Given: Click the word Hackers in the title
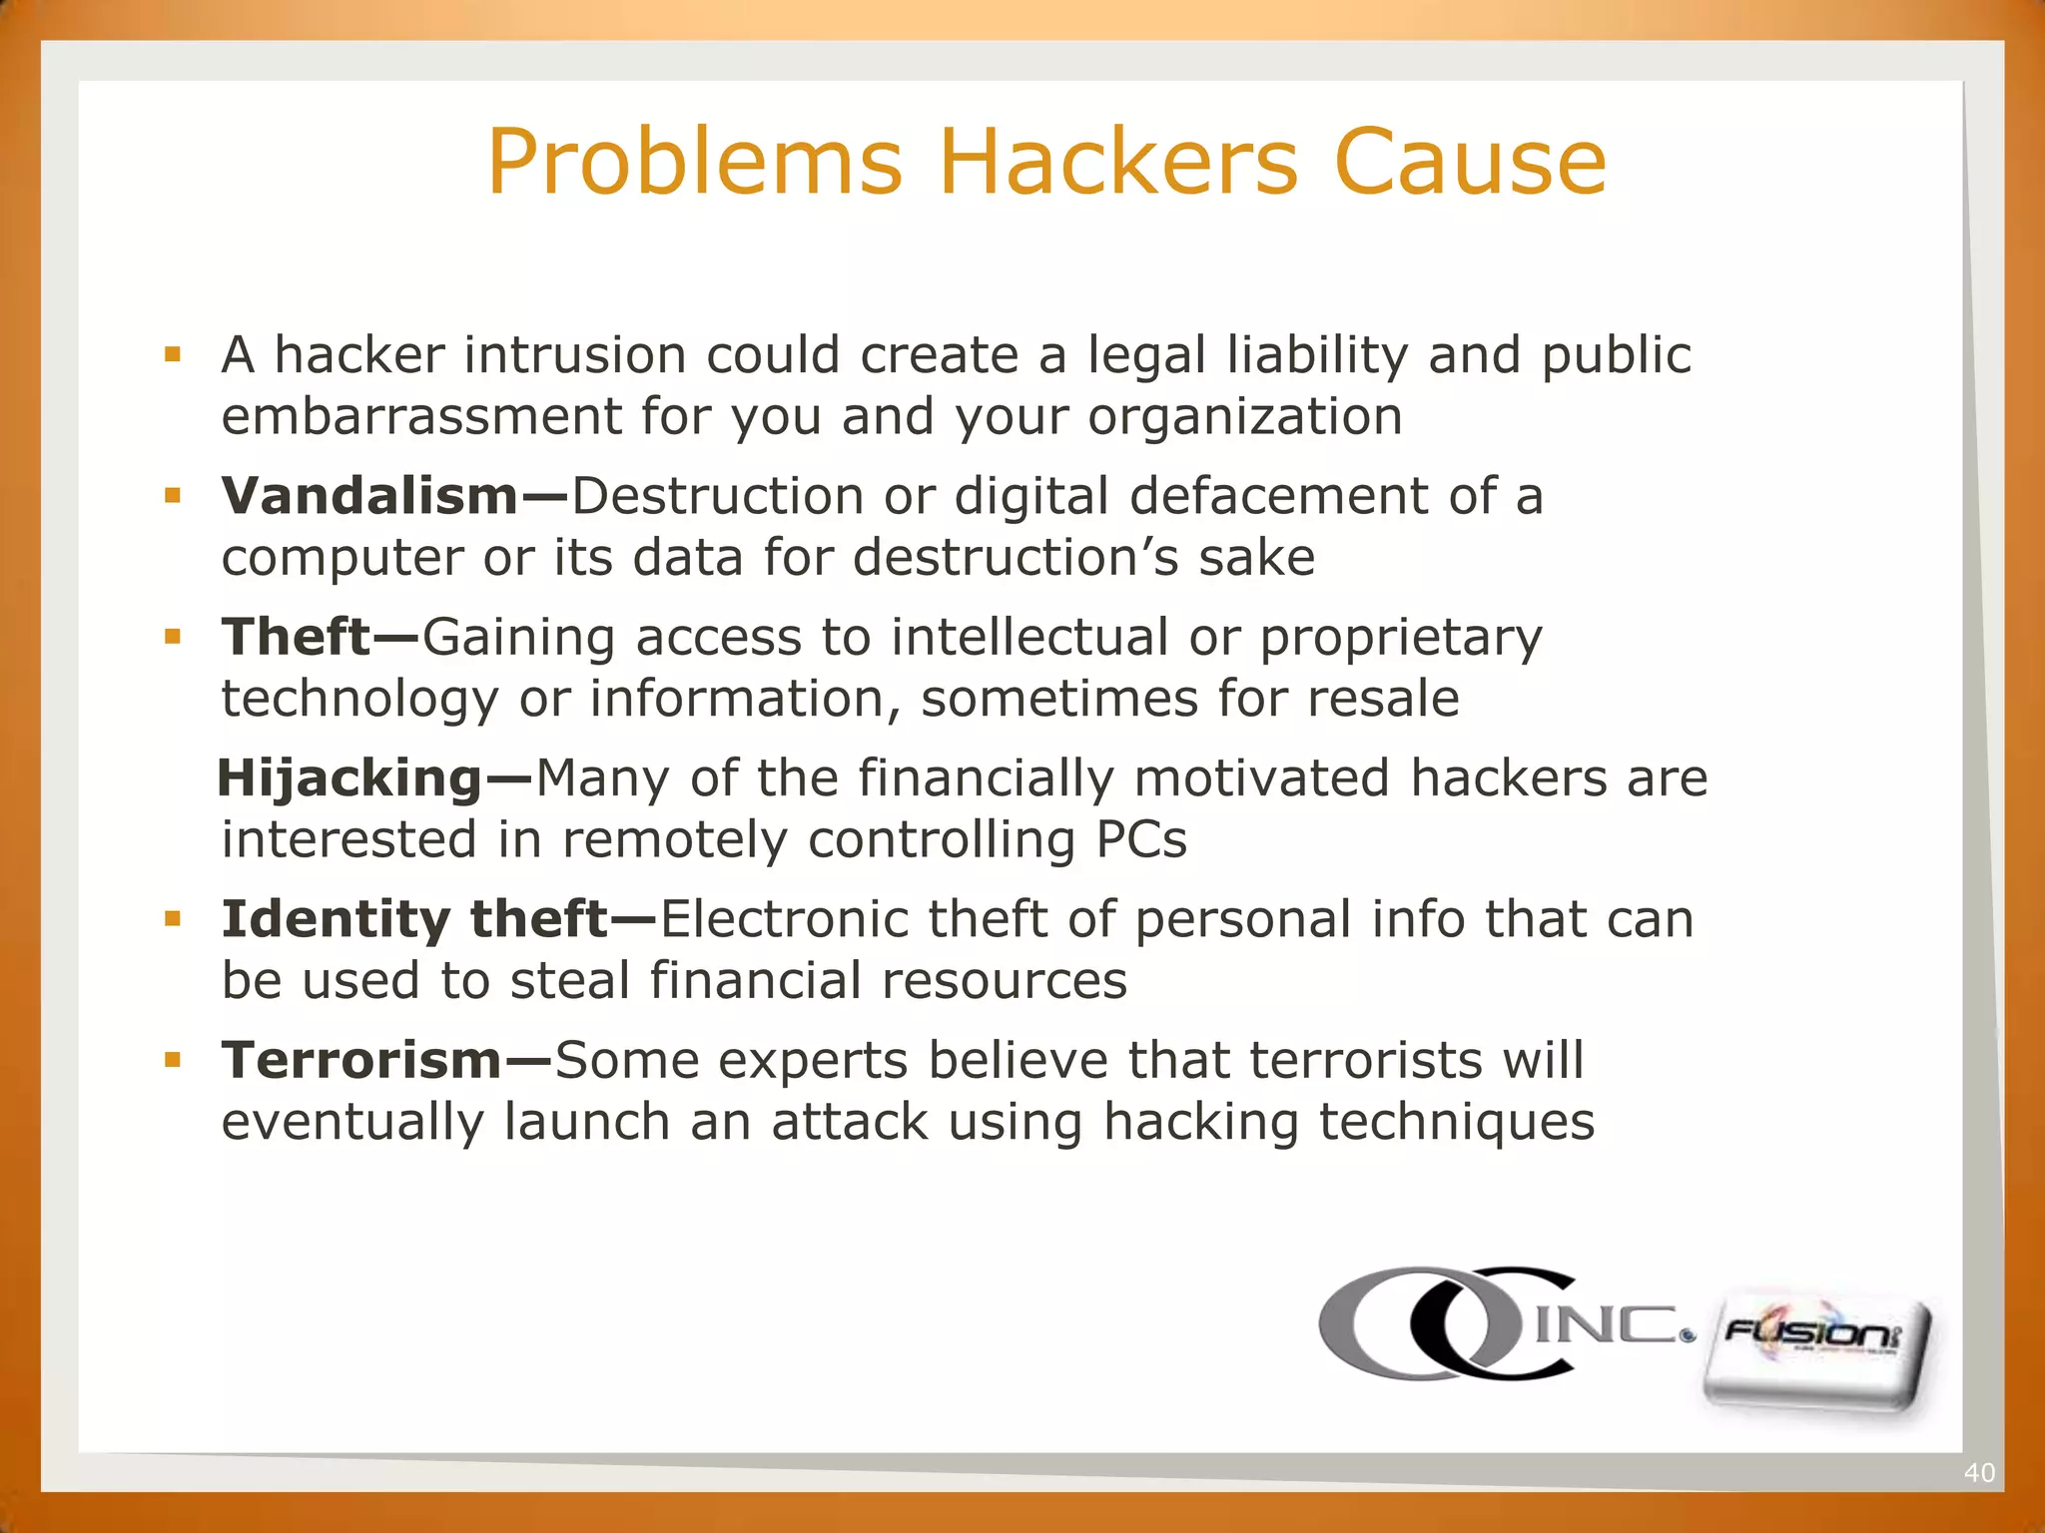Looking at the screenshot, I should [1119, 162].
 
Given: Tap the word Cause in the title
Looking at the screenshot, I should [1470, 162].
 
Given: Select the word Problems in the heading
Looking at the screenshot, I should [695, 162].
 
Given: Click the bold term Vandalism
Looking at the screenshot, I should [369, 496].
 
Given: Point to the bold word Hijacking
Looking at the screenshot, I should [349, 778].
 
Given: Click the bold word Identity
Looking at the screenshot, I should [336, 919].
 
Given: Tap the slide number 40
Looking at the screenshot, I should [1978, 1472].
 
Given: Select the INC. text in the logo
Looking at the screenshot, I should [1610, 1324].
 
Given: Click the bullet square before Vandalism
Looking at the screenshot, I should [174, 495].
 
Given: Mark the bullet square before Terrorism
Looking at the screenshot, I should [174, 1059].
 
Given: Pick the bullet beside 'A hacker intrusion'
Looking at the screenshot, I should [174, 354].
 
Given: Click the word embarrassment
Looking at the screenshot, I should [420, 416].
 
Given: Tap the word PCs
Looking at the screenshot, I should [1141, 839].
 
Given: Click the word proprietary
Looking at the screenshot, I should [1400, 639].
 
